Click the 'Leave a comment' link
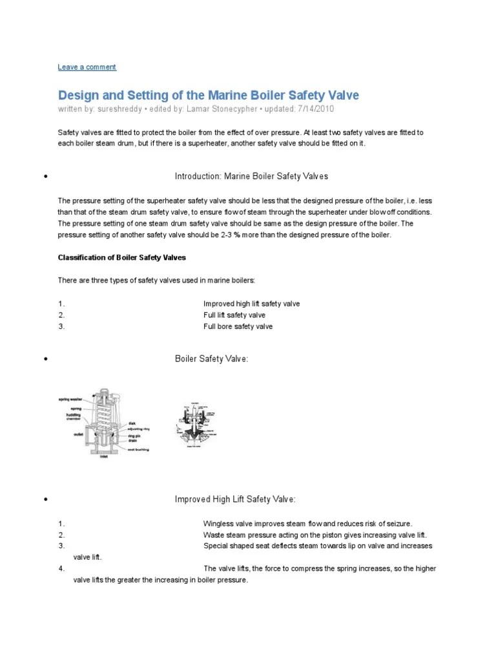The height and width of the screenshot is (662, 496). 87,67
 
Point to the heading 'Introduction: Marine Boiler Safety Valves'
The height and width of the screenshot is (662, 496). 252,176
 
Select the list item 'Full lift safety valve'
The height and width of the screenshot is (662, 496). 234,315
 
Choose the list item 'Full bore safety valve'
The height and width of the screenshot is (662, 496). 238,326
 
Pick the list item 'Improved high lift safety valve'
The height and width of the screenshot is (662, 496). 251,303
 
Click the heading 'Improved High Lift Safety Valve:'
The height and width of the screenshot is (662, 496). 236,500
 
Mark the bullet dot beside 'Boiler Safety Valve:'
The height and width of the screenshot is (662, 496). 46,359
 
